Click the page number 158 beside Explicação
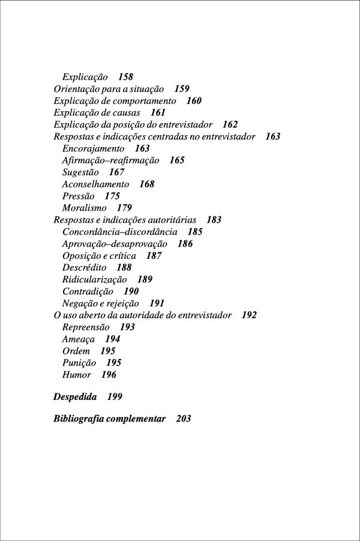pyautogui.click(x=125, y=77)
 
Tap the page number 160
pyautogui.click(x=194, y=101)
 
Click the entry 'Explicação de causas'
pyautogui.click(x=97, y=113)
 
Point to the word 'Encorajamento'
pyautogui.click(x=93, y=148)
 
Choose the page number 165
pyautogui.click(x=177, y=160)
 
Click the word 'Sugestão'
pyautogui.click(x=80, y=172)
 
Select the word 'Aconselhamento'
pyautogui.click(x=95, y=184)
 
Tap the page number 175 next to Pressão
pyautogui.click(x=112, y=196)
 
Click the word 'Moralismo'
pyautogui.click(x=84, y=208)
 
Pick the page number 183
pyautogui.click(x=214, y=220)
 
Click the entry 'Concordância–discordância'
pyautogui.click(x=119, y=232)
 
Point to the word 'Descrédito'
pyautogui.click(x=84, y=267)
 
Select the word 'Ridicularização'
pyautogui.click(x=94, y=279)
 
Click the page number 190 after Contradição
pyautogui.click(x=131, y=291)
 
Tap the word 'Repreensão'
pyautogui.click(x=86, y=327)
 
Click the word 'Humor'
pyautogui.click(x=76, y=375)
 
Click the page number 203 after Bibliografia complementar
pyautogui.click(x=184, y=419)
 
